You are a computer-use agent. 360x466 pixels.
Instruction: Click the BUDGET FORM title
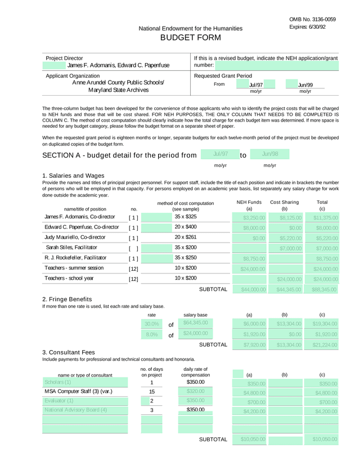(x=191, y=38)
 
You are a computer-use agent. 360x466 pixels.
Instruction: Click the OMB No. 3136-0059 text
(x=312, y=19)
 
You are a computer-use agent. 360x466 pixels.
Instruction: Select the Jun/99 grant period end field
(x=305, y=85)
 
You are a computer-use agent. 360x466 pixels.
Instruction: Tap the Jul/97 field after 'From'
(x=256, y=85)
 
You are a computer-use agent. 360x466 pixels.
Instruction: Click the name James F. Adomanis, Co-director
(x=80, y=217)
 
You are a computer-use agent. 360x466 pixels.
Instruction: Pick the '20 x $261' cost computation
(x=186, y=237)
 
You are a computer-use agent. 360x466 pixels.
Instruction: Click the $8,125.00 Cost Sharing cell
(x=286, y=217)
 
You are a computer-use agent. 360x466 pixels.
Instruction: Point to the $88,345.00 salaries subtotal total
(x=323, y=289)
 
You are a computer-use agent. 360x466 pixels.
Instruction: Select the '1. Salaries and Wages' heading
(x=73, y=176)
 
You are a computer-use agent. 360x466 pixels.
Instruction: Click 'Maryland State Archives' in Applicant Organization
(x=118, y=90)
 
